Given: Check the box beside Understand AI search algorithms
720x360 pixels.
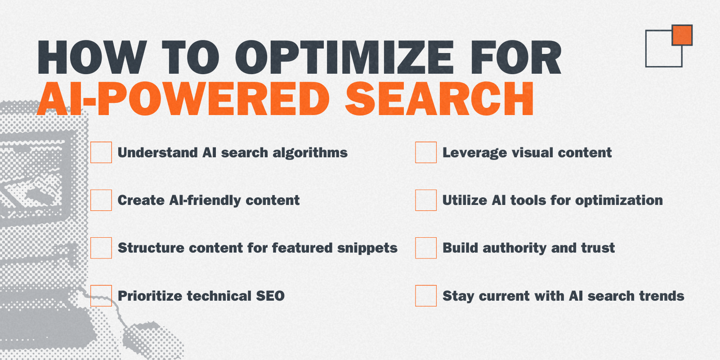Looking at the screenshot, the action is click(101, 152).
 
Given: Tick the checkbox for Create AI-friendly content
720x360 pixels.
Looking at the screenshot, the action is click(101, 200).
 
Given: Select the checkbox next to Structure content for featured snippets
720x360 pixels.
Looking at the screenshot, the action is click(101, 248).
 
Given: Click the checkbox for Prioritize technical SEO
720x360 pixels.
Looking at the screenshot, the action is click(101, 295).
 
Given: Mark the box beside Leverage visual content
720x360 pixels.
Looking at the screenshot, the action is click(425, 152).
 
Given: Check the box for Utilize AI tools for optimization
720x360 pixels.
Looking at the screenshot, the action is click(425, 200).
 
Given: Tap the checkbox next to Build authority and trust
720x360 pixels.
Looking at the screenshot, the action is click(425, 248).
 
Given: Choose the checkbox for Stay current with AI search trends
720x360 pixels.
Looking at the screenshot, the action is click(425, 295).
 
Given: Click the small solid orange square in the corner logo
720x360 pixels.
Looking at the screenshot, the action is click(682, 35).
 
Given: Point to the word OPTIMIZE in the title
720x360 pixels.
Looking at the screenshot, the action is click(344, 58).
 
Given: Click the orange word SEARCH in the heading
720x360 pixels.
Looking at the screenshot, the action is click(439, 98).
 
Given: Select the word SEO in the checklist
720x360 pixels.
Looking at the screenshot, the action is click(270, 296).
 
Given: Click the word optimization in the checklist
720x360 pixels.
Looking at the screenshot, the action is click(619, 201).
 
